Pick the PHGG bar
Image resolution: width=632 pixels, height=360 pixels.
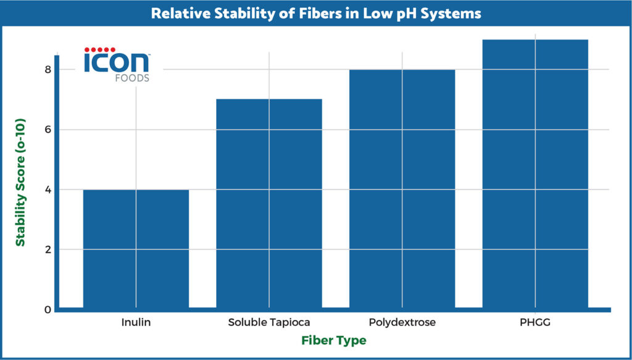pos(535,173)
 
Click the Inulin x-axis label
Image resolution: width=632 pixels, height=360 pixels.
pos(136,322)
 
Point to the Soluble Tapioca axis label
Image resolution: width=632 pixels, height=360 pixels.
pos(269,322)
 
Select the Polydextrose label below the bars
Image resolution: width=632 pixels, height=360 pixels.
pos(402,322)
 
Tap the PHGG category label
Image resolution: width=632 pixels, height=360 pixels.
pos(535,322)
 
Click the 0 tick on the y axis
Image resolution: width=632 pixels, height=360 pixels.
pos(48,309)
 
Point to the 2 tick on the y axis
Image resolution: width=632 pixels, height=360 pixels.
pos(48,249)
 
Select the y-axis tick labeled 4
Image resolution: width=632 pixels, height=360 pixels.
pos(48,190)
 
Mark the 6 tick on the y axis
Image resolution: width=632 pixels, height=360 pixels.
pos(48,130)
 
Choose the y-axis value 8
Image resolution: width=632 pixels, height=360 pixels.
pos(48,70)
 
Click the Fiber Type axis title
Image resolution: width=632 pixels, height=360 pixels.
pos(334,340)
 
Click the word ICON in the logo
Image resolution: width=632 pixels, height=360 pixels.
pos(116,62)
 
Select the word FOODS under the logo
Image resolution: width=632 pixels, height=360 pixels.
pos(131,78)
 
